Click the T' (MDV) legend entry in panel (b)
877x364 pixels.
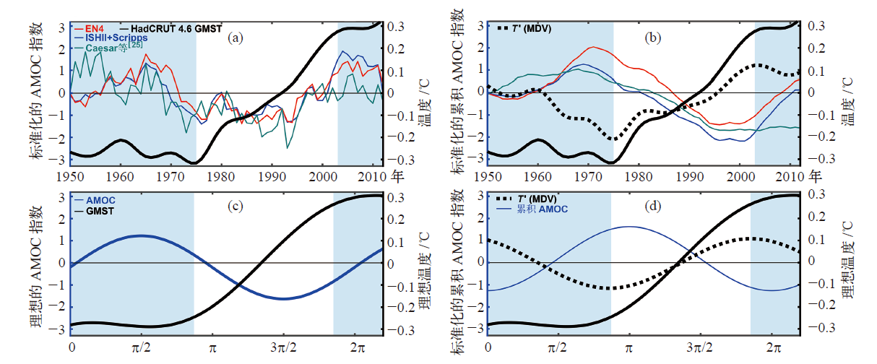[x=533, y=28]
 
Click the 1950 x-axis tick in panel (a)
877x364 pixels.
[x=70, y=175]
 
